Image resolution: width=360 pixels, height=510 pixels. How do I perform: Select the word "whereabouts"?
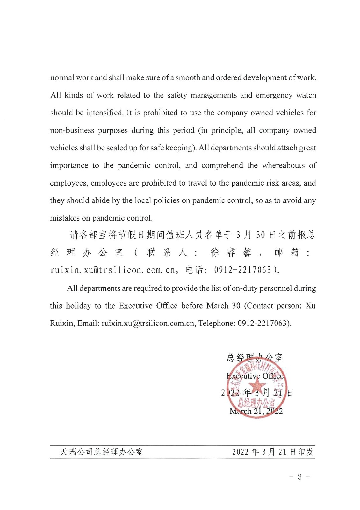pos(283,165)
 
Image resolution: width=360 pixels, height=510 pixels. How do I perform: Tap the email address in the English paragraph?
pos(148,323)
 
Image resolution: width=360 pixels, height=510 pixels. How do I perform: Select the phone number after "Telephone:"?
pos(264,323)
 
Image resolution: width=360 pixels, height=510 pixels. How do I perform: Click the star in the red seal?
pos(256,387)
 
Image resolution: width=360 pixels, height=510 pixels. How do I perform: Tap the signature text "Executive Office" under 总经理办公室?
pos(255,376)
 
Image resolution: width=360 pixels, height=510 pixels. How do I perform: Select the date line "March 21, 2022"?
pos(256,411)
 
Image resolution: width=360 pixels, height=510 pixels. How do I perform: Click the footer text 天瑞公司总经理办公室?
pos(101,452)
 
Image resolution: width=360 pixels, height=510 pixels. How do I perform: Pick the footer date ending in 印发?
pos(273,452)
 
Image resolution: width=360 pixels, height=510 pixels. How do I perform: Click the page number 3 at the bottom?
pos(299,477)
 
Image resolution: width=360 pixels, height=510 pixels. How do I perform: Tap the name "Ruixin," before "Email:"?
pos(62,323)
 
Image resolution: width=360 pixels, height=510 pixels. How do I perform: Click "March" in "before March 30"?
pos(217,306)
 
